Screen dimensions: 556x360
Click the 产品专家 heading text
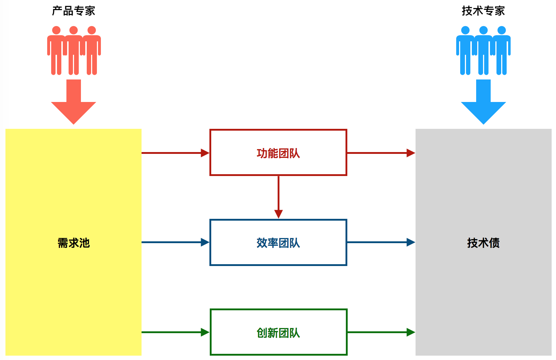(x=73, y=11)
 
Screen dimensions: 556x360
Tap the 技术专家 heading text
(x=483, y=11)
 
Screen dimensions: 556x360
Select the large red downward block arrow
(x=73, y=102)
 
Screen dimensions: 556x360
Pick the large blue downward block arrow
(x=483, y=102)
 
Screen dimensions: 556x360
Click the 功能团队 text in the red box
(x=278, y=153)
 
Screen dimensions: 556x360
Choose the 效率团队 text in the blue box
(x=278, y=243)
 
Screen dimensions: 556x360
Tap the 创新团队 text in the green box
(x=278, y=333)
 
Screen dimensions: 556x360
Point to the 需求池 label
(x=73, y=243)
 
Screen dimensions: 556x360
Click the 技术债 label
(x=483, y=243)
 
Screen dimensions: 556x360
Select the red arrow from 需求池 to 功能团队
(x=176, y=153)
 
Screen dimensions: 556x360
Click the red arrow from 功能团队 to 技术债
(x=381, y=153)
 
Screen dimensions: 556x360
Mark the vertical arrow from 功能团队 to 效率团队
(x=278, y=197)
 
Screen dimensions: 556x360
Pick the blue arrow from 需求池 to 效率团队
(x=176, y=242)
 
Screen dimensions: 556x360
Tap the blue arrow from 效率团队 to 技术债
(x=381, y=242)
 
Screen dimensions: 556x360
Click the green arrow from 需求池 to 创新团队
(x=176, y=332)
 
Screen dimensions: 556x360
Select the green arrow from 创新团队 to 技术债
(x=381, y=332)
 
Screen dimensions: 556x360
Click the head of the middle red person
(x=73, y=30)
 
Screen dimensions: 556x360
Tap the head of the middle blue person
(x=483, y=30)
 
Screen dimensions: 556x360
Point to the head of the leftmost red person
(x=56, y=30)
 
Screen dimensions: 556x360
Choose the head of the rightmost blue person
(x=502, y=30)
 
